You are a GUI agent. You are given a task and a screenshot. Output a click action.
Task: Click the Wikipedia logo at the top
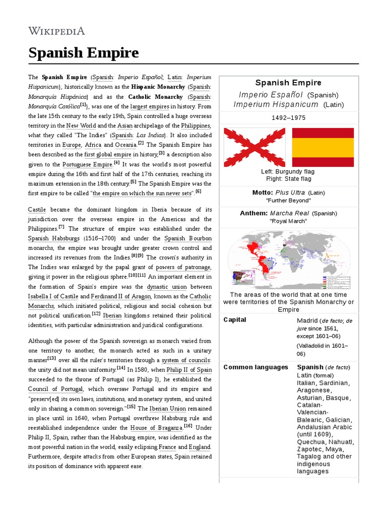pos(56,31)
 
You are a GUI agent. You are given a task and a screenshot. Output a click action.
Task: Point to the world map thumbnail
pos(288,260)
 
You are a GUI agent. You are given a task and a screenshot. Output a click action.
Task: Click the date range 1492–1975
pos(288,118)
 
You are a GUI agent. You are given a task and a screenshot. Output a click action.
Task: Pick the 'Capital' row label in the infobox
pos(235,320)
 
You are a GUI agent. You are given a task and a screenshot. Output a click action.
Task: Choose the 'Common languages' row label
pos(255,367)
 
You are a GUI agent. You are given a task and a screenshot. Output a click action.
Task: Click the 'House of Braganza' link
pos(157,428)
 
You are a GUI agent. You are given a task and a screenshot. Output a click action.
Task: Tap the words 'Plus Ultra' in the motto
pos(290,192)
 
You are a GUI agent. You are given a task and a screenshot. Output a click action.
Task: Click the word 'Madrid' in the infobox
pos(307,320)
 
